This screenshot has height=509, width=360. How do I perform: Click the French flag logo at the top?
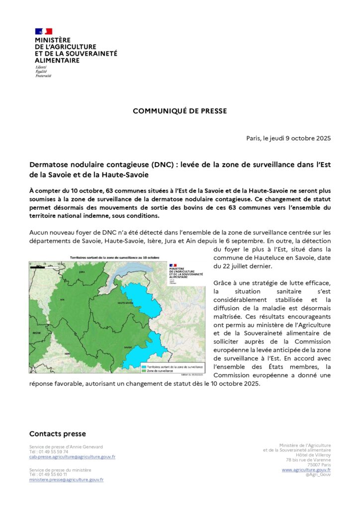(43, 31)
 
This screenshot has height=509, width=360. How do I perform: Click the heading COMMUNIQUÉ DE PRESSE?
(180, 111)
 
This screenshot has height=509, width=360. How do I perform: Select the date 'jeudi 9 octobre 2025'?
(301, 138)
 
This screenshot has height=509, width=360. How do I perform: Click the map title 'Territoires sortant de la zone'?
(110, 258)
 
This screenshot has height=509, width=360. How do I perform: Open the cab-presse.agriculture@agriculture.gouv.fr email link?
(72, 456)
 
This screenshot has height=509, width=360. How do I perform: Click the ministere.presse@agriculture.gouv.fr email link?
(66, 480)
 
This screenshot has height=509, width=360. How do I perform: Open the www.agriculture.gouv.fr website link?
(306, 470)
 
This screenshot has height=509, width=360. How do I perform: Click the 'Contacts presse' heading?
(57, 434)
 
